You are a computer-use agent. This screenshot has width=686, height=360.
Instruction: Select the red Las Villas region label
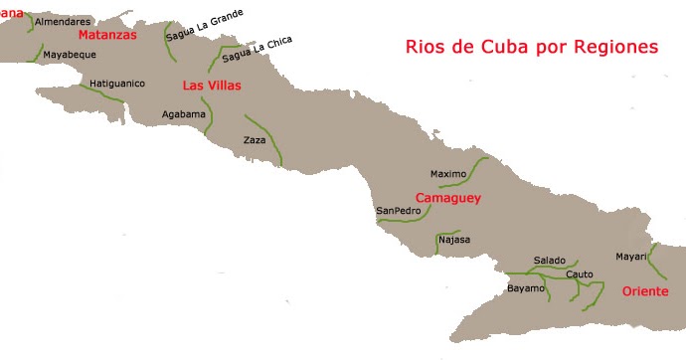pyautogui.click(x=212, y=86)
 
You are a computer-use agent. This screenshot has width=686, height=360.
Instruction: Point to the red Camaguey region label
pyautogui.click(x=447, y=198)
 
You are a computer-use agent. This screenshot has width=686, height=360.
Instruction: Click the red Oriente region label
pyautogui.click(x=646, y=291)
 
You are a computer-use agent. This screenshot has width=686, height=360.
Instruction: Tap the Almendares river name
pyautogui.click(x=63, y=21)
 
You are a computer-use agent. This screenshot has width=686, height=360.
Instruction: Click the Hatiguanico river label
pyautogui.click(x=117, y=84)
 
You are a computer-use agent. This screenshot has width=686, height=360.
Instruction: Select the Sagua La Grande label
pyautogui.click(x=205, y=24)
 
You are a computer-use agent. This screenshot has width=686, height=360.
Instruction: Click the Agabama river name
pyautogui.click(x=183, y=114)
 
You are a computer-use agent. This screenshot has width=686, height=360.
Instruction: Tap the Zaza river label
pyautogui.click(x=255, y=140)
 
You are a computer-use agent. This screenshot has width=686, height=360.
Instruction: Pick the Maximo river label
pyautogui.click(x=448, y=174)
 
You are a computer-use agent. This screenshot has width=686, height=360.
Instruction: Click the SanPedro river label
pyautogui.click(x=398, y=211)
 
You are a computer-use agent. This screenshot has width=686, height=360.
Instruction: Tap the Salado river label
pyautogui.click(x=549, y=260)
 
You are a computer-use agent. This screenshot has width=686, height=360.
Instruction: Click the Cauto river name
pyautogui.click(x=579, y=273)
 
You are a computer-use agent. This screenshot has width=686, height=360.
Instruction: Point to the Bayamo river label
pyautogui.click(x=526, y=288)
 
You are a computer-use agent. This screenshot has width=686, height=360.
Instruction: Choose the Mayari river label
pyautogui.click(x=630, y=256)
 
